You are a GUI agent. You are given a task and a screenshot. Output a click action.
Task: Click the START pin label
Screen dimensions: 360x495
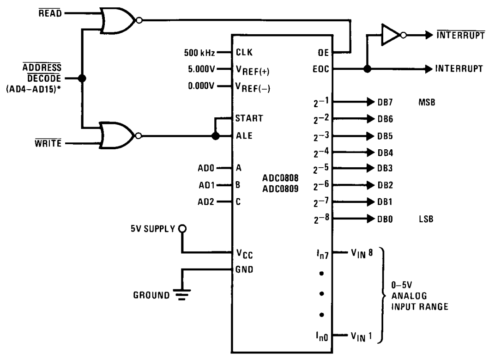pyautogui.click(x=249, y=118)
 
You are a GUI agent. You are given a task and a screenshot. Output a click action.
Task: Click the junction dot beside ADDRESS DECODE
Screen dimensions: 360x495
pyautogui.click(x=82, y=79)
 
